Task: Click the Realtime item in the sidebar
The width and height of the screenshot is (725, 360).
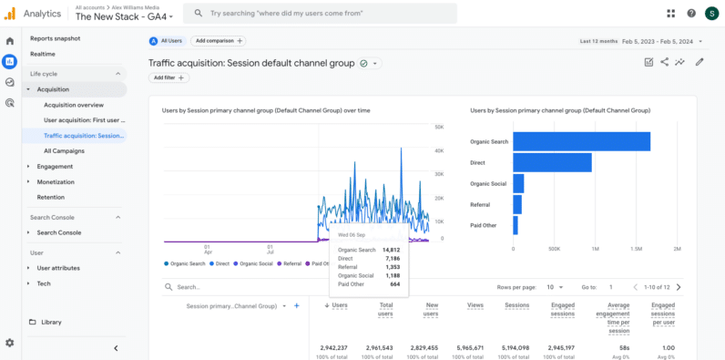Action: click(x=43, y=54)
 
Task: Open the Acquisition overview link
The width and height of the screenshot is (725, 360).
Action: click(x=74, y=105)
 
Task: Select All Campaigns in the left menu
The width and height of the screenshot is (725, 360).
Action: click(x=64, y=150)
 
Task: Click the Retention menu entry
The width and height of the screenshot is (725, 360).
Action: click(x=50, y=197)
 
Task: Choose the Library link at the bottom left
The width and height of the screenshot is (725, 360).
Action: click(x=51, y=322)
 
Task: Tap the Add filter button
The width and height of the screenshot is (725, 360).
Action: click(x=169, y=78)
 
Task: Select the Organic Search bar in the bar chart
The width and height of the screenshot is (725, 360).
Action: click(x=581, y=141)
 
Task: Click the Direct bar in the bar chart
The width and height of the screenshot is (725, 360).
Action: click(x=552, y=162)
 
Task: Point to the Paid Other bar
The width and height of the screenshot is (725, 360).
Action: click(x=516, y=225)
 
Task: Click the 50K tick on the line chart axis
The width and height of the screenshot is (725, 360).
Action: click(x=438, y=128)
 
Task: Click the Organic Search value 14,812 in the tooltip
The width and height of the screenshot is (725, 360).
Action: click(x=390, y=249)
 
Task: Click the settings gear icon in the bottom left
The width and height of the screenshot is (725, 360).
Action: click(x=9, y=343)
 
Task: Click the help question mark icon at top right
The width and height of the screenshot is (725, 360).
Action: click(x=691, y=14)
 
